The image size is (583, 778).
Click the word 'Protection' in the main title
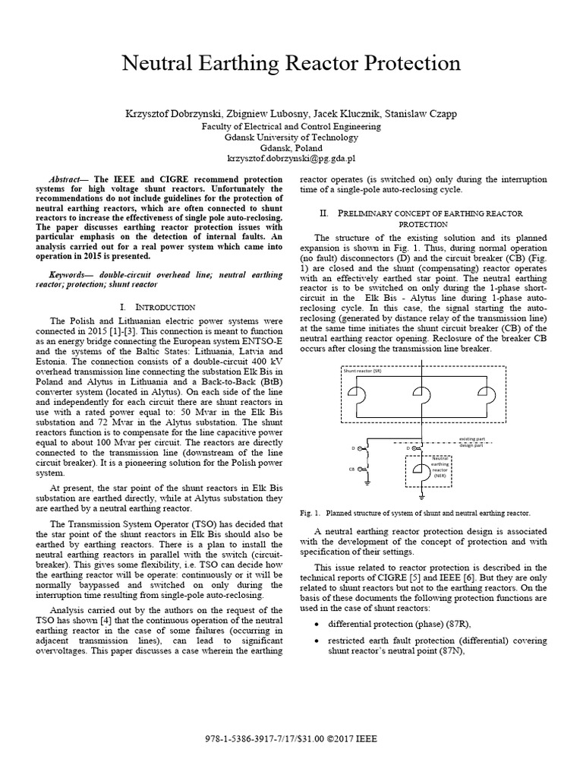coord(395,63)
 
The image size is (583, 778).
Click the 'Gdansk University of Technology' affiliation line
coord(291,137)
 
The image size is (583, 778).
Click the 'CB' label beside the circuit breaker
coord(352,469)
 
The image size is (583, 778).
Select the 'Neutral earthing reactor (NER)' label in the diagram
coord(440,464)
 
